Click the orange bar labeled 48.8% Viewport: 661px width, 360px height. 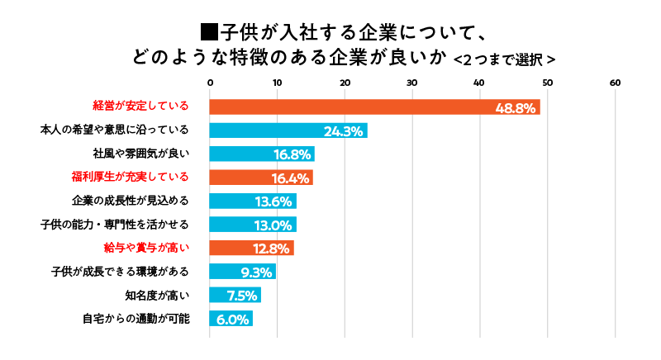pyautogui.click(x=374, y=107)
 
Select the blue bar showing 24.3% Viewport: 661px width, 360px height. pyautogui.click(x=288, y=130)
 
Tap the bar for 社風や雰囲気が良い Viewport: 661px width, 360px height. pyautogui.click(x=262, y=154)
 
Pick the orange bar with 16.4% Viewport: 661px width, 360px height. pyautogui.click(x=261, y=178)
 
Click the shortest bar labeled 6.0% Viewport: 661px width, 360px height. pyautogui.click(x=231, y=319)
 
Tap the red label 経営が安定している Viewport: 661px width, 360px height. pyautogui.click(x=140, y=107)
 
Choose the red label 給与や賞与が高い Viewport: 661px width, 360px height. pyautogui.click(x=146, y=247)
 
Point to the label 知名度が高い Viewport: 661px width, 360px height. pyautogui.click(x=157, y=295)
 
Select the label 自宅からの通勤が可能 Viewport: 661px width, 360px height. pyautogui.click(x=136, y=318)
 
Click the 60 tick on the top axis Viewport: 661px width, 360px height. pyautogui.click(x=614, y=83)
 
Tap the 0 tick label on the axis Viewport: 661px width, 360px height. pyautogui.click(x=210, y=83)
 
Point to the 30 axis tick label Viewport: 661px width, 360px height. pyautogui.click(x=411, y=83)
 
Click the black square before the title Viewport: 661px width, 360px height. pyautogui.click(x=209, y=33)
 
